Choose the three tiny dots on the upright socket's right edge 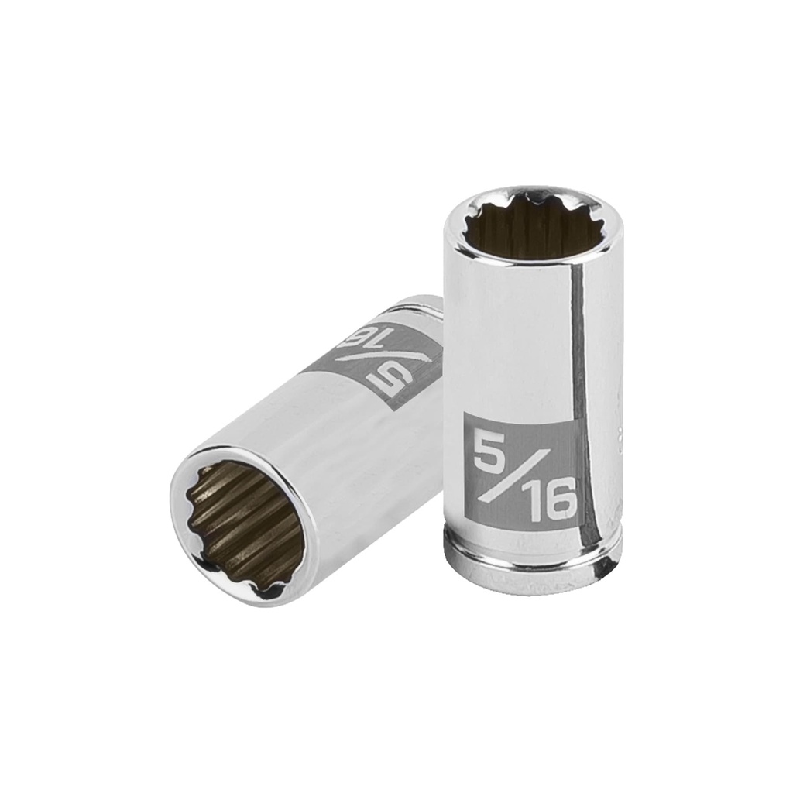[619, 434]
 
